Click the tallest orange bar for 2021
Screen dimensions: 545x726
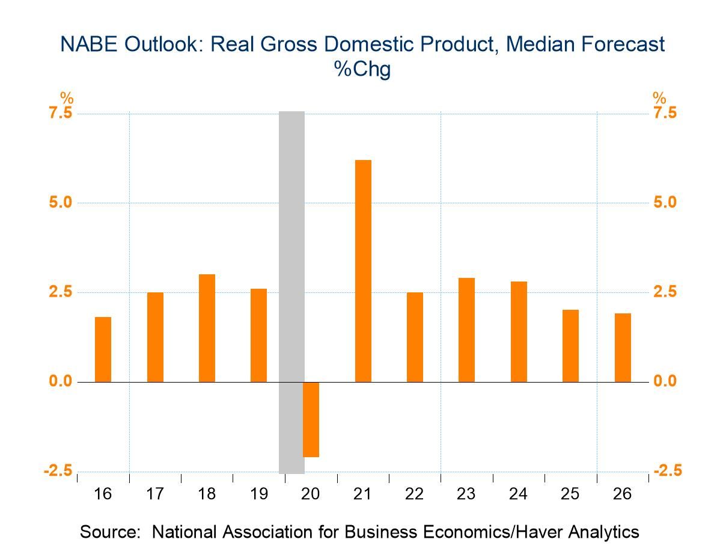point(363,271)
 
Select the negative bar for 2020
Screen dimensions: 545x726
point(311,419)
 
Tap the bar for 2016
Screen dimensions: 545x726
point(103,349)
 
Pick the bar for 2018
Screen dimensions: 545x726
point(207,328)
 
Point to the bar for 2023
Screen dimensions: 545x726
point(466,330)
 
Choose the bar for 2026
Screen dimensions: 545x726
point(623,348)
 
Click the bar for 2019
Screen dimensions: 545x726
point(258,335)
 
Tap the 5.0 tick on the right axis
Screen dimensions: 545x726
point(665,202)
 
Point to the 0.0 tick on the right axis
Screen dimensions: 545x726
point(665,381)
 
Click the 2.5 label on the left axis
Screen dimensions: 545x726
point(59,292)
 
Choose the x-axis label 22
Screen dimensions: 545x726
point(415,494)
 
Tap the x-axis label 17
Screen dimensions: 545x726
point(155,494)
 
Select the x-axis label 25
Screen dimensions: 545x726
point(570,494)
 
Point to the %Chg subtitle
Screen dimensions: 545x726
point(362,69)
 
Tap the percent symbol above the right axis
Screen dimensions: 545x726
point(659,98)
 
